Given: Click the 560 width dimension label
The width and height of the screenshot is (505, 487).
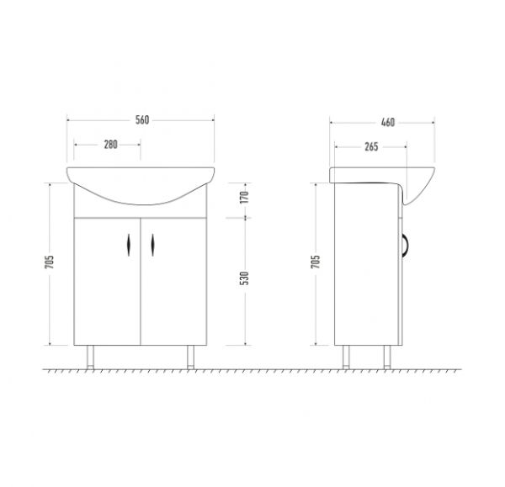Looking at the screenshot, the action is pos(142,120).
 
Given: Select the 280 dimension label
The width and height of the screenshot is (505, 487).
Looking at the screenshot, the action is pos(110,145).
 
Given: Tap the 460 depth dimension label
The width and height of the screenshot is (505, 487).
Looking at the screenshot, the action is pos(388,122).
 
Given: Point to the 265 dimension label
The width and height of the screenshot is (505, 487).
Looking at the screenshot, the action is pos(371,147).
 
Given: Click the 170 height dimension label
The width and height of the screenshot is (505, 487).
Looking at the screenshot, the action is pos(245,197).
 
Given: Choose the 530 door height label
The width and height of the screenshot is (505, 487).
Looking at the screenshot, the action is pos(245,278).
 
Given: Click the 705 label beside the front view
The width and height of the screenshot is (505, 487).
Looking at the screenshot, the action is pos(50,262).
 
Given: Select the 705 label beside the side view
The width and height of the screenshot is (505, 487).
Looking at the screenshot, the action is pos(316,262).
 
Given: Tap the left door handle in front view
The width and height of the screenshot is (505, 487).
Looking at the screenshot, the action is pos(129,245).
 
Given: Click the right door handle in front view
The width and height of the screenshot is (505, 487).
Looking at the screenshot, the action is pos(152,245).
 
